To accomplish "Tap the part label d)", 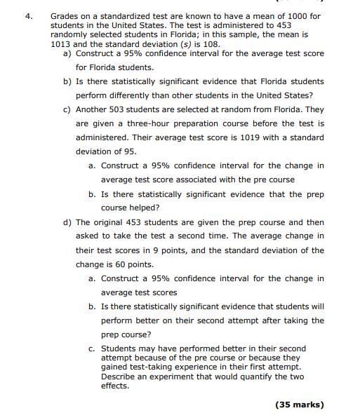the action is pyautogui.click(x=68, y=222).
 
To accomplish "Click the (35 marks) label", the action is pyautogui.click(x=299, y=405).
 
